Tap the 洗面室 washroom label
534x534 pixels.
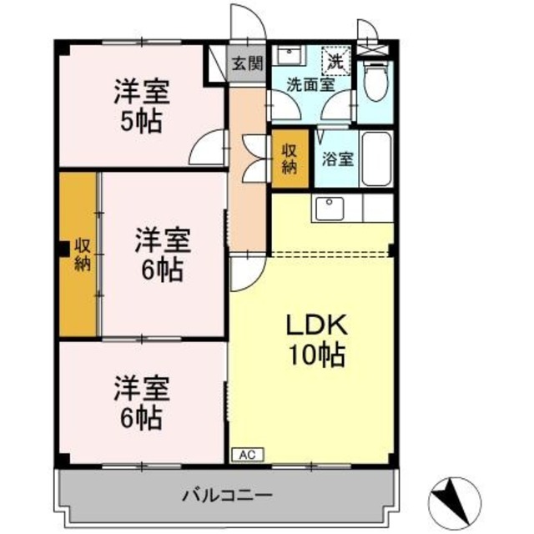pos(310,83)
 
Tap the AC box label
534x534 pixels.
pos(246,454)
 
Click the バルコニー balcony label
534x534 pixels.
pos(226,496)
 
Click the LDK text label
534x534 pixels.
pos(313,325)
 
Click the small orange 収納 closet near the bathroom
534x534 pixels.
pos(290,158)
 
